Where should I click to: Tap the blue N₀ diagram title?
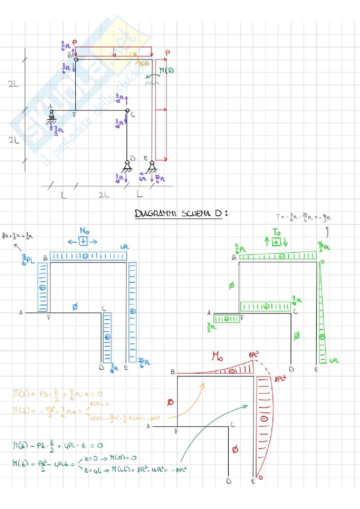point(85,230)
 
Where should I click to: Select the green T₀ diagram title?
point(276,232)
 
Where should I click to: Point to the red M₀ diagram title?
point(217,356)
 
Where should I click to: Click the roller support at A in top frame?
point(51,115)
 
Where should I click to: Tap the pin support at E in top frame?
point(152,166)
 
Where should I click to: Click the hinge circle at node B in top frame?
point(76,59)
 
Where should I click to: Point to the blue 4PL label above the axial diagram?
point(125,247)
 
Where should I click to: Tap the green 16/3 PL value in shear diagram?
point(324,246)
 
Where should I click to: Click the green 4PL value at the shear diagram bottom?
point(334,361)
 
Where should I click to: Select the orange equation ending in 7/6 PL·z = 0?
point(57,394)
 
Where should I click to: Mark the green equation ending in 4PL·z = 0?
point(57,445)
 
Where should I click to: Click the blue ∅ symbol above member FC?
point(75,307)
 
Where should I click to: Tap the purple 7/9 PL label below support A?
point(59,131)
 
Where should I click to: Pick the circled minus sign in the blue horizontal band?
point(85,256)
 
